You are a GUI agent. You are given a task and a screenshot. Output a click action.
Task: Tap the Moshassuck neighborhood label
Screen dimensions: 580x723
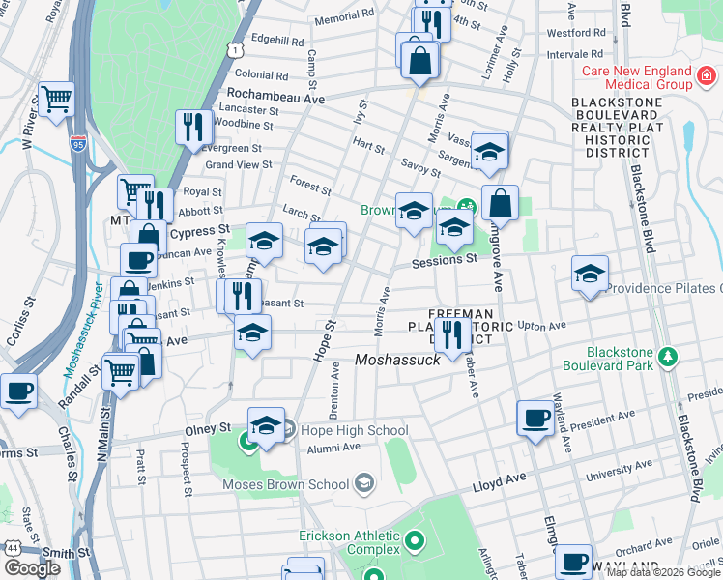(398, 360)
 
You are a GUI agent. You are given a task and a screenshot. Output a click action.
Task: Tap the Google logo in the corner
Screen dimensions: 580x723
(32, 567)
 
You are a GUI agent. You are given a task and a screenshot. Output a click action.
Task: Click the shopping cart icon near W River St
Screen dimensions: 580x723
(57, 98)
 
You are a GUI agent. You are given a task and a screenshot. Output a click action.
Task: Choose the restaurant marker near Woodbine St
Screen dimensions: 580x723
(194, 126)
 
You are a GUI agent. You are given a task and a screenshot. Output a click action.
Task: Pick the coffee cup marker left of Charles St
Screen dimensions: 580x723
(18, 391)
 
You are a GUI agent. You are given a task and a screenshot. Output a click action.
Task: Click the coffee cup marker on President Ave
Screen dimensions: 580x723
(534, 418)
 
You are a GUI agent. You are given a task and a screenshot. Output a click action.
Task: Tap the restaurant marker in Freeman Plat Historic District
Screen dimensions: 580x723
(451, 334)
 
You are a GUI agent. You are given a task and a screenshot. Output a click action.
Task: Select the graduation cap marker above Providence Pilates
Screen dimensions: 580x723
(589, 273)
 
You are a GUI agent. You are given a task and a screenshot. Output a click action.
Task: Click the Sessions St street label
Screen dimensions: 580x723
(445, 259)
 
